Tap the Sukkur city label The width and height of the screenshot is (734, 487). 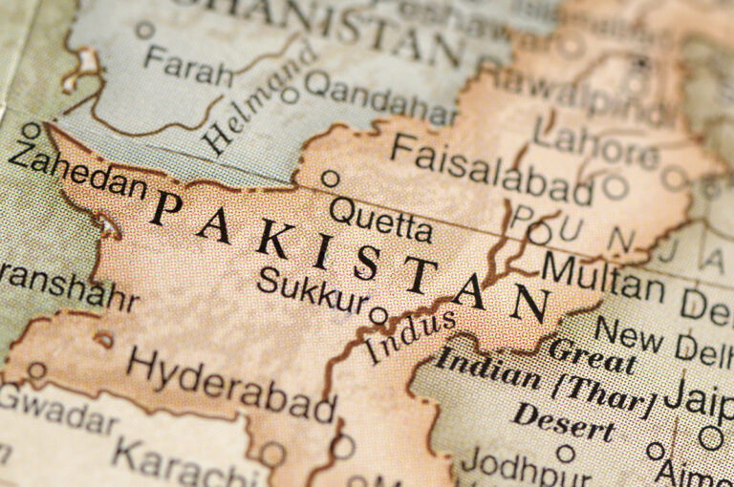[312, 289]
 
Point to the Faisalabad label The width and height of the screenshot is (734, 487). [491, 169]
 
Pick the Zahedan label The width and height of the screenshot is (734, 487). [77, 171]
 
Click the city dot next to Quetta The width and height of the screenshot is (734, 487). [331, 179]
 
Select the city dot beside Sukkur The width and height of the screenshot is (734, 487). [378, 314]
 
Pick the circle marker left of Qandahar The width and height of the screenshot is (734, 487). [291, 95]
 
